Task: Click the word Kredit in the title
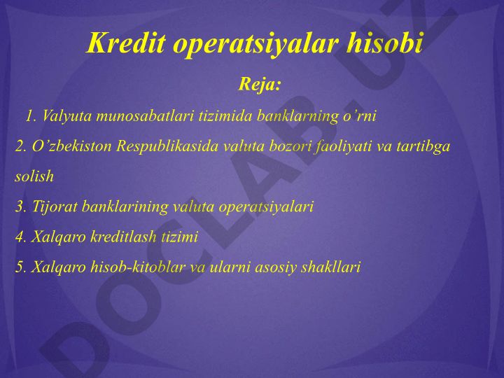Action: point(126,43)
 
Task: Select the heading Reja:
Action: point(260,84)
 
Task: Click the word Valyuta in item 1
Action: point(67,116)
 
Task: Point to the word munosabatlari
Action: point(145,115)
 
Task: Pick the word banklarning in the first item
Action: point(297,116)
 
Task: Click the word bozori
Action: point(290,146)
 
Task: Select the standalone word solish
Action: point(34,176)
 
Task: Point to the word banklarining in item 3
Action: point(125,206)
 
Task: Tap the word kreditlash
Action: point(123,237)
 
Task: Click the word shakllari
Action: point(330,267)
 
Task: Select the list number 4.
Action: point(20,237)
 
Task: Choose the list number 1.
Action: point(29,116)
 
